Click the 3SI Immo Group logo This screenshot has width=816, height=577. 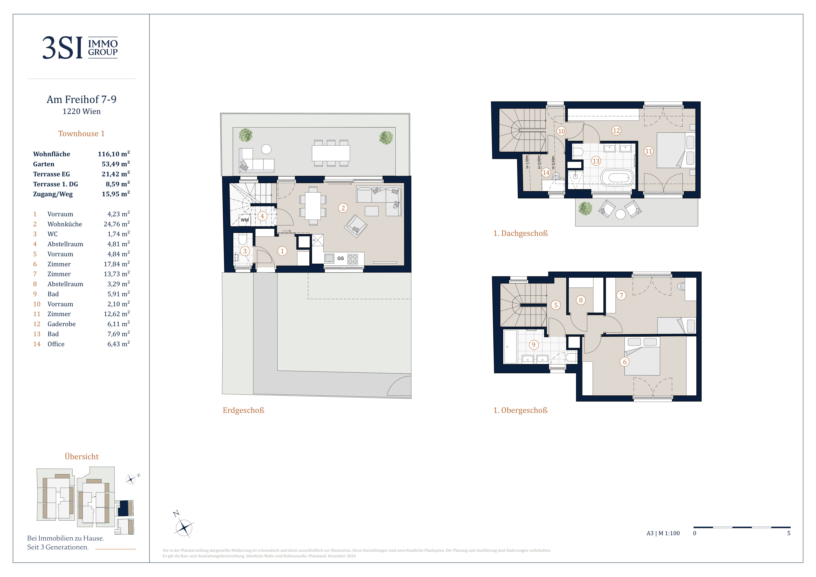pyautogui.click(x=80, y=48)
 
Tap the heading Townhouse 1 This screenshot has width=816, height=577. pyautogui.click(x=81, y=134)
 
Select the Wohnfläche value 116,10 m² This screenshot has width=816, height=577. pyautogui.click(x=114, y=154)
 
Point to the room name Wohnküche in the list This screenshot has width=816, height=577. pyautogui.click(x=65, y=224)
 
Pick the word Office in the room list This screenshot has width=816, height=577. pyautogui.click(x=56, y=344)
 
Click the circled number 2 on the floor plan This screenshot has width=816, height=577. pyautogui.click(x=343, y=208)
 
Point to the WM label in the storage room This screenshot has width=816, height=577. pyautogui.click(x=245, y=220)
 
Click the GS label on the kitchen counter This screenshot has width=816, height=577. pyautogui.click(x=340, y=258)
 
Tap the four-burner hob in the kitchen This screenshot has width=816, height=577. pyautogui.click(x=353, y=259)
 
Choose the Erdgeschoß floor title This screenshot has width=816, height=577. pyautogui.click(x=243, y=410)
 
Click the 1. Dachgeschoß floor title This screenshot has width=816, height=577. pyautogui.click(x=521, y=233)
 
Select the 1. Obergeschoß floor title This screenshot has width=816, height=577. pyautogui.click(x=520, y=410)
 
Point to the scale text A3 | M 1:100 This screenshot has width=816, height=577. pyautogui.click(x=663, y=533)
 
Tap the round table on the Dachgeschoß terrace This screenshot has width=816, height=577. pyautogui.click(x=620, y=214)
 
